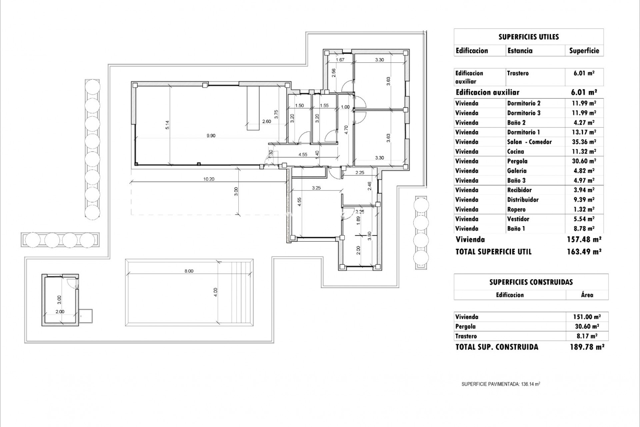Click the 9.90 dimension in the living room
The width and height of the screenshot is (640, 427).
(x=211, y=136)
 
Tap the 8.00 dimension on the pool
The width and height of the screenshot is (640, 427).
(x=189, y=271)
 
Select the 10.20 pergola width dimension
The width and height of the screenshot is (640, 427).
(x=209, y=179)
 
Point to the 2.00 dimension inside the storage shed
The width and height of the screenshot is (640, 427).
(x=60, y=312)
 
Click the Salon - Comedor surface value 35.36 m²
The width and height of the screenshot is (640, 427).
(x=584, y=142)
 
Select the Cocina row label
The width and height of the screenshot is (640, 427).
(x=516, y=152)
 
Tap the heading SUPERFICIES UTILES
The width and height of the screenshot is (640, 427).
(x=528, y=37)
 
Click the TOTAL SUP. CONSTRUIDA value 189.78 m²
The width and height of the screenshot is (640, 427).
(x=587, y=347)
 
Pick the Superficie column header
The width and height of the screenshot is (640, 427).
(x=584, y=51)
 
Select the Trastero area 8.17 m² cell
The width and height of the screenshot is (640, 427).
(x=587, y=336)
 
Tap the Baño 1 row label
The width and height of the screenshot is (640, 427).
(x=516, y=229)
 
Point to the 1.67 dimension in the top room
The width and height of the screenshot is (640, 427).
(x=340, y=60)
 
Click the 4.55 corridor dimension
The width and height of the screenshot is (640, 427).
(x=303, y=154)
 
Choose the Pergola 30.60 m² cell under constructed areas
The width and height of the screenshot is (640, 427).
(x=587, y=327)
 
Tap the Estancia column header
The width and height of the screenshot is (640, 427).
(x=520, y=51)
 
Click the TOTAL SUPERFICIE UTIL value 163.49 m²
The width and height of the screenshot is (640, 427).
(x=584, y=252)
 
